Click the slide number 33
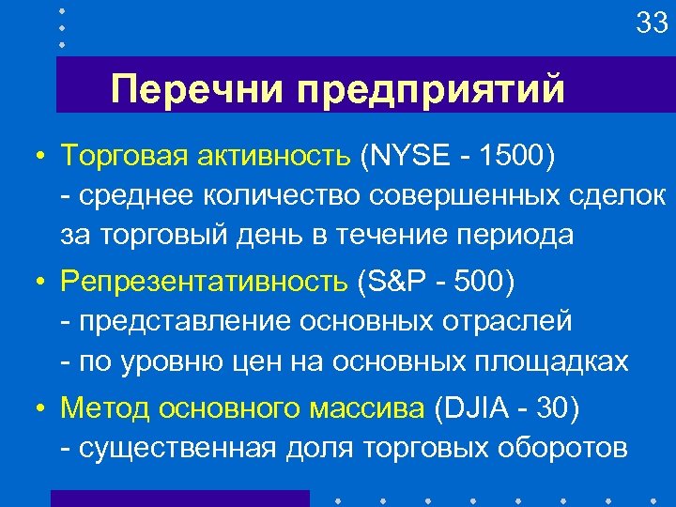(651, 23)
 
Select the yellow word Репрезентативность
(205, 282)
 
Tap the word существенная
(177, 449)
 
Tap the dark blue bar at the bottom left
(178, 499)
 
